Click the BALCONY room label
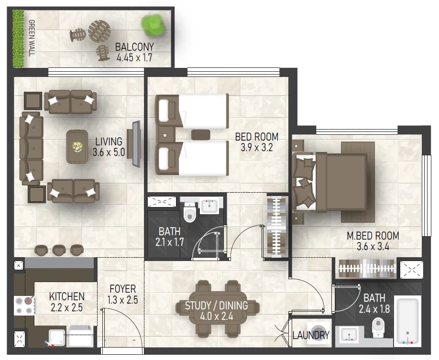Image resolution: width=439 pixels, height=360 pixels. point(134,47)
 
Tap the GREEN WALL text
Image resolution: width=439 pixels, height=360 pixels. point(32,38)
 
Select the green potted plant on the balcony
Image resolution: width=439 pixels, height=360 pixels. point(153,25)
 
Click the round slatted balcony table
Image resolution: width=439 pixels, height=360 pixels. point(99,31)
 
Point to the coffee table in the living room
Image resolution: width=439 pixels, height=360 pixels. point(77,147)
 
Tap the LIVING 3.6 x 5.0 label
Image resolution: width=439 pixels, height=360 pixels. point(109,147)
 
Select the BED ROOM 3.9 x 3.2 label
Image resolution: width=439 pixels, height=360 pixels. point(257,142)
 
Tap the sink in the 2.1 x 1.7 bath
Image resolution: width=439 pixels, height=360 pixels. point(209,206)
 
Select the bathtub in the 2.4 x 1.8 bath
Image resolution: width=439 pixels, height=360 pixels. point(407,321)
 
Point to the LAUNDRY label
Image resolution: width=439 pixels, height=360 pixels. point(311,335)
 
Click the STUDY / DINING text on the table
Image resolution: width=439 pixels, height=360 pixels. point(217,305)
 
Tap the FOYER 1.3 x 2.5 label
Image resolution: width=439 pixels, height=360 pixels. point(122,294)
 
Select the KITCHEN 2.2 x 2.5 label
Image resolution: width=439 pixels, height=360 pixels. point(66,302)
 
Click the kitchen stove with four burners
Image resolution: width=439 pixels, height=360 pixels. point(24,305)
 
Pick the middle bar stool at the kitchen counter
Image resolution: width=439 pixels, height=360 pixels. point(59,250)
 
